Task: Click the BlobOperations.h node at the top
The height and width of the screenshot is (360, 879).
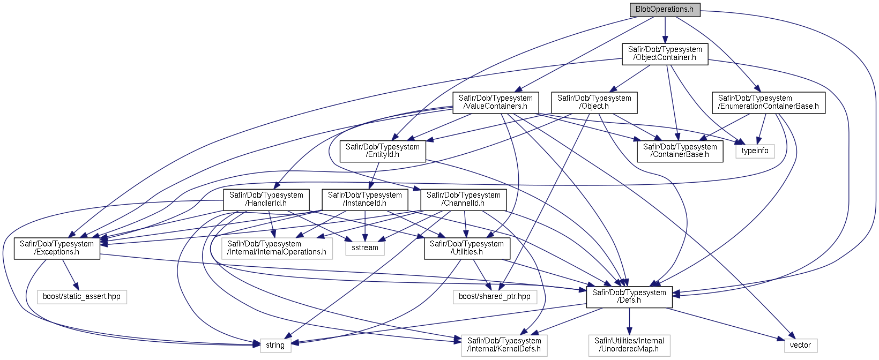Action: point(665,9)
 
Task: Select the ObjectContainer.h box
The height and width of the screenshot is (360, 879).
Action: point(665,54)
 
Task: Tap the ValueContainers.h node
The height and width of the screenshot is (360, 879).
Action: point(495,102)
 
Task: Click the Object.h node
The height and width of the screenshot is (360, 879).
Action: point(594,102)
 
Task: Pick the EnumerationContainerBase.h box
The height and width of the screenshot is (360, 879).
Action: point(768,102)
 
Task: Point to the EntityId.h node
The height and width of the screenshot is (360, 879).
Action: point(383,151)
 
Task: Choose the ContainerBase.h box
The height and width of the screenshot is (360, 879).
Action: point(680,151)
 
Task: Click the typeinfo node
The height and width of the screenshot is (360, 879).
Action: point(755,151)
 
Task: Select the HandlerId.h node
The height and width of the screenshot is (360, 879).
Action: point(266,200)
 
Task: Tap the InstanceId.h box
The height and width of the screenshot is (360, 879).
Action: point(364,200)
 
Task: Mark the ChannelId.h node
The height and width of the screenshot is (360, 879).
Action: point(463,200)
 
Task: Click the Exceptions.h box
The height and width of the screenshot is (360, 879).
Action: point(57,249)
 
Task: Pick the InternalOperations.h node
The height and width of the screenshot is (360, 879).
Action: point(277,249)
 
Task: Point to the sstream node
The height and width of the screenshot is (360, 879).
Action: point(365,248)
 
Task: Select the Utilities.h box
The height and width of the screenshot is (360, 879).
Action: point(467,249)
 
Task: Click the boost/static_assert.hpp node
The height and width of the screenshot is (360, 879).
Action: point(81,296)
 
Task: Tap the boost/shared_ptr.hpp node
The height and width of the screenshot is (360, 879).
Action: point(494,296)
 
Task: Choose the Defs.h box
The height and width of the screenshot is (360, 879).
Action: point(629,297)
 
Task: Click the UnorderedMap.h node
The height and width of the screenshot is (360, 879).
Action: point(629,345)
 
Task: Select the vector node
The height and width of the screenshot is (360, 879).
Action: point(800,345)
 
